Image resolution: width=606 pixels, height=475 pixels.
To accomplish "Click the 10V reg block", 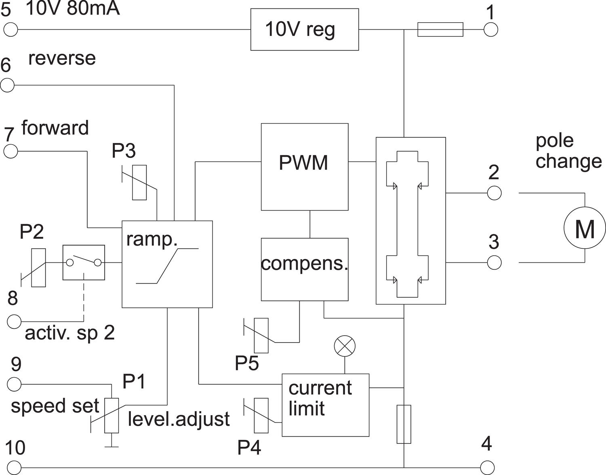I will (x=304, y=29).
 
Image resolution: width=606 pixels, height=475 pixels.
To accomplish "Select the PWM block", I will (x=304, y=166).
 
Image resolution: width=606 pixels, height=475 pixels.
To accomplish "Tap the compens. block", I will (x=304, y=269).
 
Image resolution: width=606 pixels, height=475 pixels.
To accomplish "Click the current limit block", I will (x=325, y=405).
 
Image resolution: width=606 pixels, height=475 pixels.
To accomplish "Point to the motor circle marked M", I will (x=585, y=228).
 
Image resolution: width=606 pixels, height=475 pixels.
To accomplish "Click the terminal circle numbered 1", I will (x=491, y=29).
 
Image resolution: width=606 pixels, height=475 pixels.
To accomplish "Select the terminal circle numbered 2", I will (x=494, y=193).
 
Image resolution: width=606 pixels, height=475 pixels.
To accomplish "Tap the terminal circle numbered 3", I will (x=494, y=263).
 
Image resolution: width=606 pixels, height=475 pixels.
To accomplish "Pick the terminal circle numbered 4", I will (x=488, y=468).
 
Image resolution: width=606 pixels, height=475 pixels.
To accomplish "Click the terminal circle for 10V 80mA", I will (x=11, y=29).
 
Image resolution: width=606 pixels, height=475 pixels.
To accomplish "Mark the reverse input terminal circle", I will (x=7, y=85).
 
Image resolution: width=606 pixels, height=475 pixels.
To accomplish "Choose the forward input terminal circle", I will (x=11, y=151).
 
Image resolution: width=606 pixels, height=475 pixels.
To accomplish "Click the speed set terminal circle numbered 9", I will (x=15, y=384).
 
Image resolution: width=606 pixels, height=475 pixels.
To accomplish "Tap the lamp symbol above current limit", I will (x=345, y=346).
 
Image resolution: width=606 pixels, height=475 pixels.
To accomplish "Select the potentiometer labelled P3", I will (x=140, y=182).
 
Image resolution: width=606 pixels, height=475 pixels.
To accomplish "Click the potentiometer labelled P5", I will (x=261, y=335).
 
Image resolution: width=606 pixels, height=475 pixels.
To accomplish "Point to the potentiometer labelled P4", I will (x=261, y=415).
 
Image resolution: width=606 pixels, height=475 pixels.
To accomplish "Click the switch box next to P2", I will (x=84, y=263).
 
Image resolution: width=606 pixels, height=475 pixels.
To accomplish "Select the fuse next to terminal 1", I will (x=440, y=29).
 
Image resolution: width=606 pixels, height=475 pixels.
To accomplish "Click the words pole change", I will (x=568, y=151).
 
